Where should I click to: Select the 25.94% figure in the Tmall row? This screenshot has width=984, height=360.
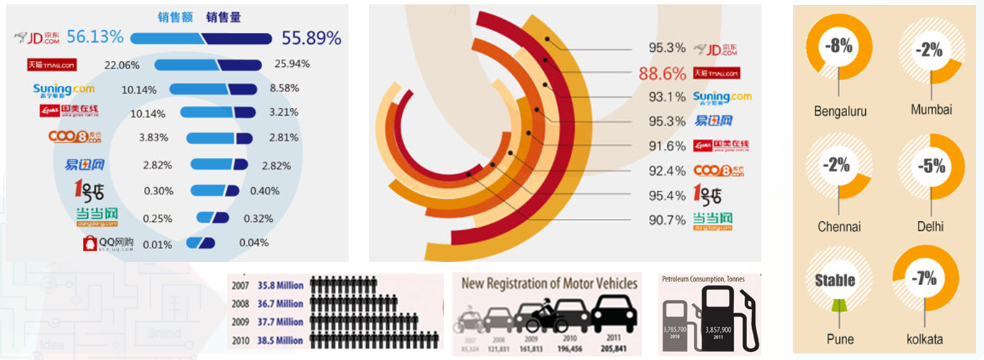(x=292, y=64)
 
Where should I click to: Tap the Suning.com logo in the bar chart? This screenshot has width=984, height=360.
(x=63, y=90)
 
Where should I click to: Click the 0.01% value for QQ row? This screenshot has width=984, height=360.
(x=158, y=244)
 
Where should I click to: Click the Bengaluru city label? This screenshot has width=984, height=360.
(x=840, y=112)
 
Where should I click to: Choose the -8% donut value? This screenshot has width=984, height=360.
(x=840, y=48)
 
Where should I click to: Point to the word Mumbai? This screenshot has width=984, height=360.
(x=931, y=110)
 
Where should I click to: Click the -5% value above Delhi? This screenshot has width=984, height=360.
(x=931, y=165)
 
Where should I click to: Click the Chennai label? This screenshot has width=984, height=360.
(x=839, y=227)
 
